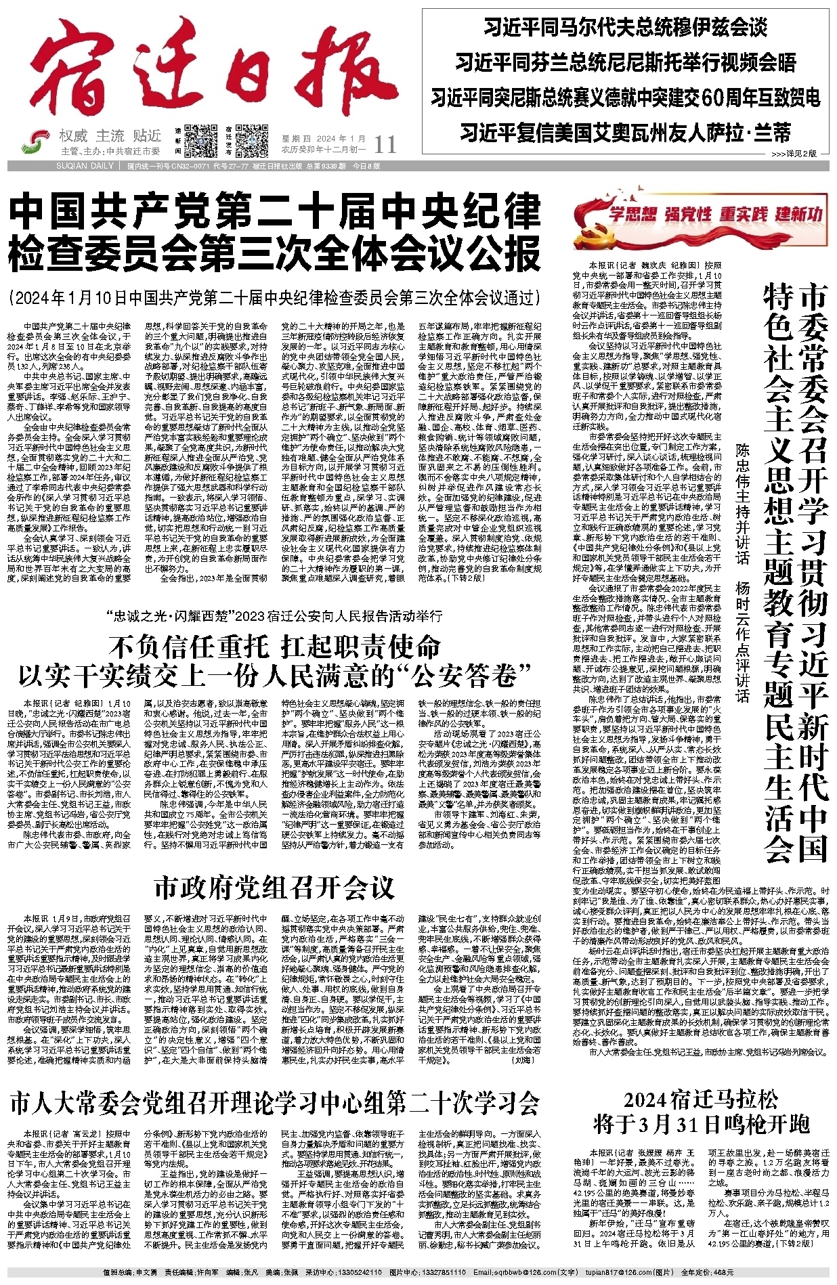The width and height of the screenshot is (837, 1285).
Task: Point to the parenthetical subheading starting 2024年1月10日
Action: click(x=274, y=297)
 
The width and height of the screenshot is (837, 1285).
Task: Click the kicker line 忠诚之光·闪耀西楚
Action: click(x=274, y=616)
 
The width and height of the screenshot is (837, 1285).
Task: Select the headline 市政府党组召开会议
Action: click(x=274, y=887)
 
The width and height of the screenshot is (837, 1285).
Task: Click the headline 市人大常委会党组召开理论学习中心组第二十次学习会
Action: click(x=274, y=1103)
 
